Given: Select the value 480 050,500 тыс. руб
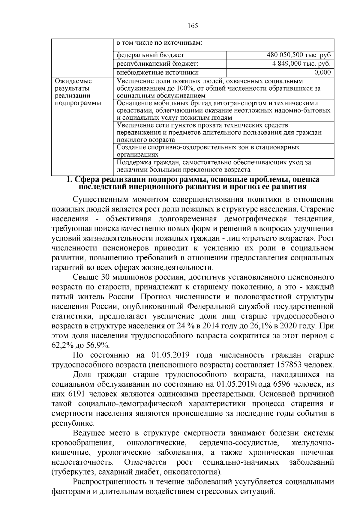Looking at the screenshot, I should (x=299, y=55).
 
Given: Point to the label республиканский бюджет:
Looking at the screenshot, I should (x=157, y=64).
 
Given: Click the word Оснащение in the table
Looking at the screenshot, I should (x=132, y=103).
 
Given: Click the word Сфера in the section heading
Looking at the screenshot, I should (x=87, y=180).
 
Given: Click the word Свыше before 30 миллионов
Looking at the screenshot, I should (x=85, y=277).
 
